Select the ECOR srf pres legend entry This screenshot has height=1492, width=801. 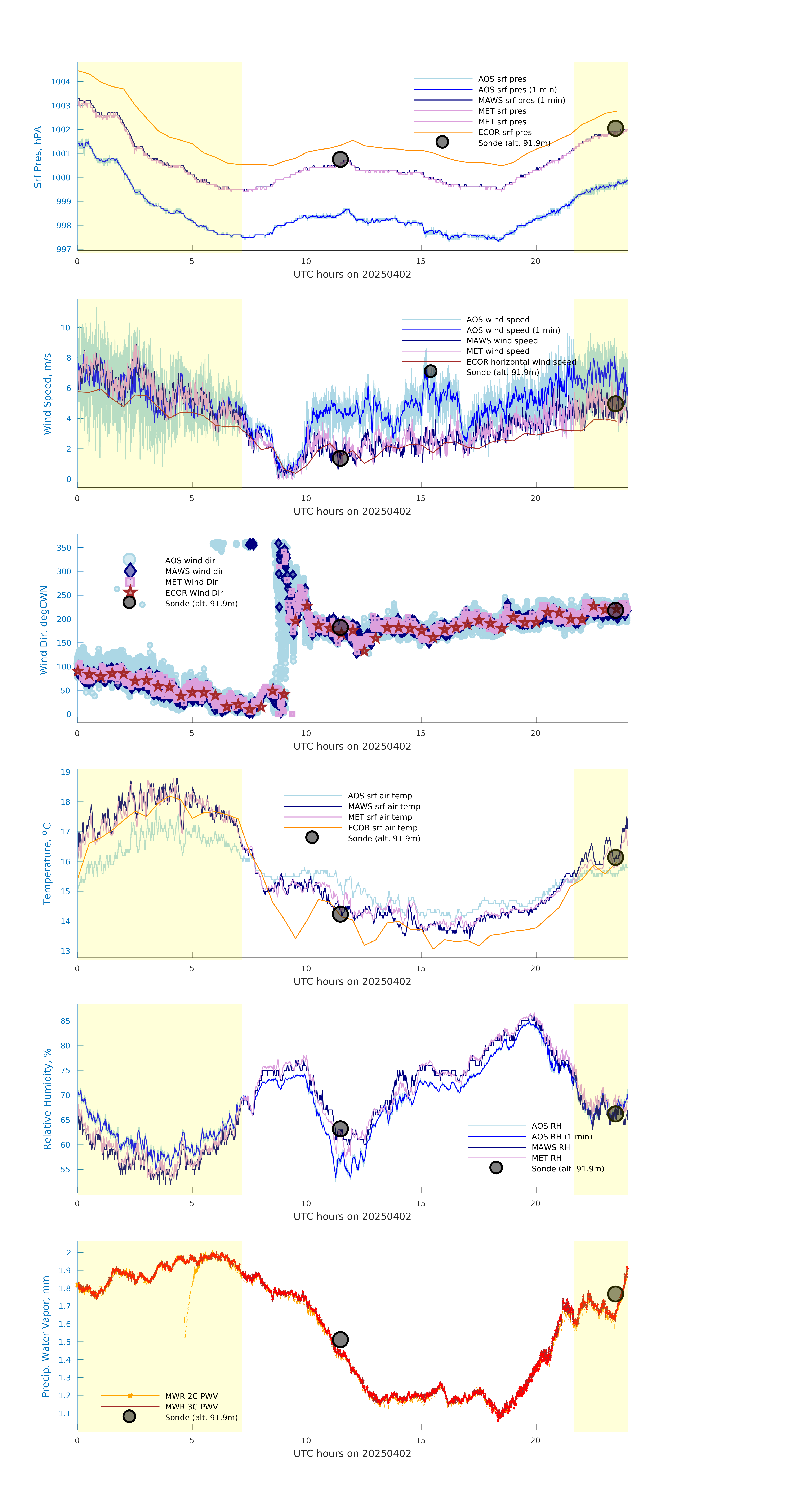click(504, 132)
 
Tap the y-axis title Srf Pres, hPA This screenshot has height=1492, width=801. click(38, 157)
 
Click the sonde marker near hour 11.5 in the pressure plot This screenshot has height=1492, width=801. click(340, 159)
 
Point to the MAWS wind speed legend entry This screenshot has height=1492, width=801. click(502, 340)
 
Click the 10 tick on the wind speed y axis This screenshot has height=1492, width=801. click(66, 328)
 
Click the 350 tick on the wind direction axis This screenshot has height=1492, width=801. click(64, 547)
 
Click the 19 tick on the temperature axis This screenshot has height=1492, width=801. click(66, 772)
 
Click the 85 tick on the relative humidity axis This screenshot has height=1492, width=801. click(66, 1021)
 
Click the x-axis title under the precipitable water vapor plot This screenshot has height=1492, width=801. click(352, 1453)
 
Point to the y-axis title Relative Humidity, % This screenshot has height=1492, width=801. click(47, 1099)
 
